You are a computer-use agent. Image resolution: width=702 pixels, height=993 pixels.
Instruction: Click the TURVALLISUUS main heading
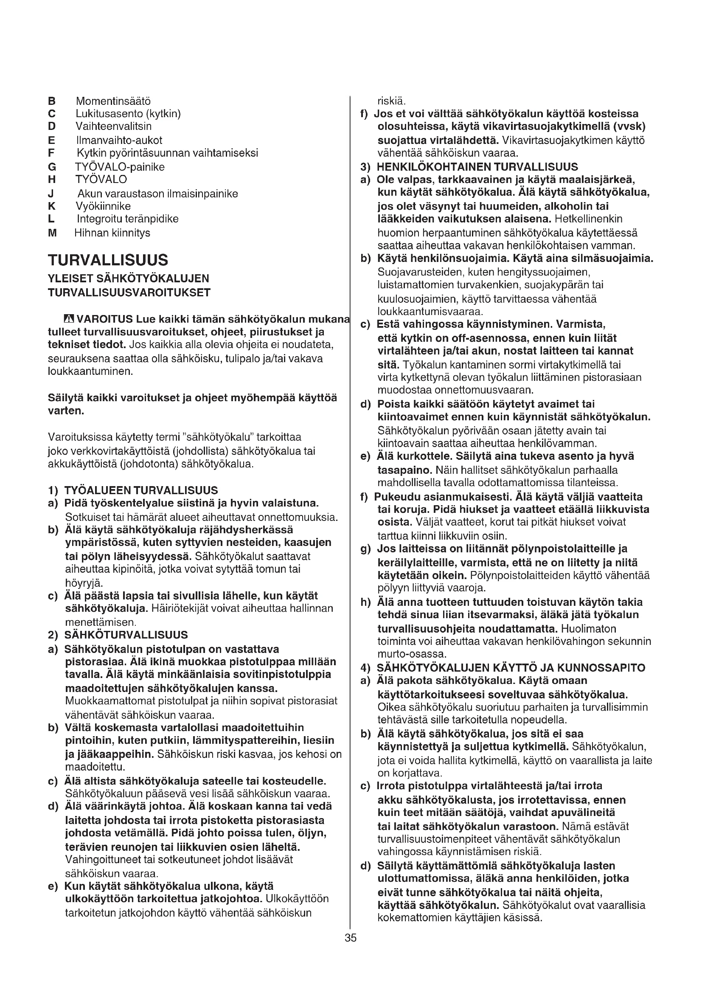[x=108, y=260]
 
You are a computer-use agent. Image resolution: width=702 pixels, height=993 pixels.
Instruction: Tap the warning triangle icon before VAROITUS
[x=69, y=320]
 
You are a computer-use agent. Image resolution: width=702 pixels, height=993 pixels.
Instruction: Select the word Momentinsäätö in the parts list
[x=113, y=101]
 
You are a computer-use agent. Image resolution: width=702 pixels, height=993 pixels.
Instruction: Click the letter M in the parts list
[x=52, y=233]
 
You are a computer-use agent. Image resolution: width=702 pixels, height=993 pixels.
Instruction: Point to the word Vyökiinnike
[x=103, y=206]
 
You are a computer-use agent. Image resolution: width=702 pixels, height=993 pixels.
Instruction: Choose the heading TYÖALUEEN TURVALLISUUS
[x=141, y=490]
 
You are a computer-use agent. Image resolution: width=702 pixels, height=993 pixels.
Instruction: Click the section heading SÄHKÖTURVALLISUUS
[x=126, y=635]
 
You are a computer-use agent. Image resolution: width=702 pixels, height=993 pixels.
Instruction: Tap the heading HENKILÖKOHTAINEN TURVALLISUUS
[x=477, y=167]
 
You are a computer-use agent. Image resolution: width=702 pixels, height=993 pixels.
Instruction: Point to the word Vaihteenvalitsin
[x=114, y=126]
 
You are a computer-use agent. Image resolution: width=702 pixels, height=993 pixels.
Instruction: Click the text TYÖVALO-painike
[x=120, y=167]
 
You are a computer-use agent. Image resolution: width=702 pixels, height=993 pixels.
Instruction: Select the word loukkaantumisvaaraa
[x=430, y=311]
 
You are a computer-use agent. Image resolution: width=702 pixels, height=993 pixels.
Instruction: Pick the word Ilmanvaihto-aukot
[x=119, y=141]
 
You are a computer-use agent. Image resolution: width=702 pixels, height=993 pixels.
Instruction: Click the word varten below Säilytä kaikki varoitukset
[x=66, y=411]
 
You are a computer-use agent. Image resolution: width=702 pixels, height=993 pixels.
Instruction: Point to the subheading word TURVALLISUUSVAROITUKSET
[x=129, y=293]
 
